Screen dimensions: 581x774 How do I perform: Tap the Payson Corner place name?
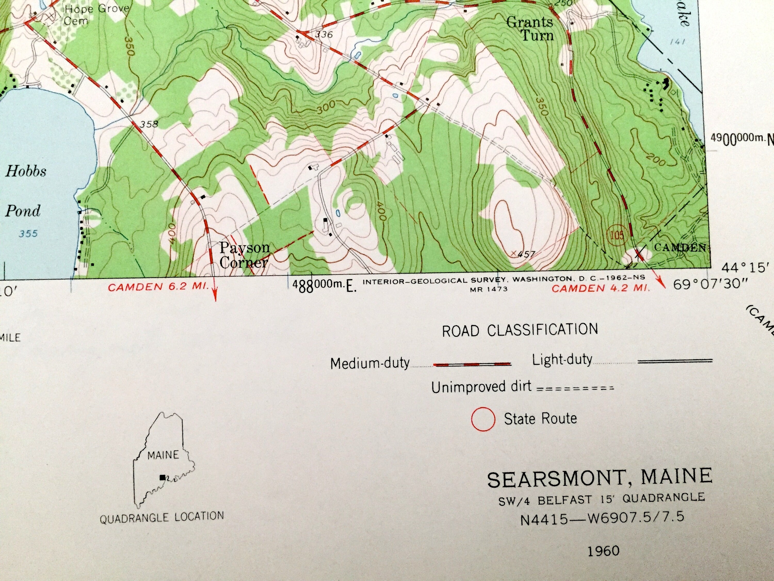tap(244, 255)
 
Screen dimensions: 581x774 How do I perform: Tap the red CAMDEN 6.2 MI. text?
tap(158, 287)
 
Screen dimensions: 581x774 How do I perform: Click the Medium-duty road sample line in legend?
tap(472, 364)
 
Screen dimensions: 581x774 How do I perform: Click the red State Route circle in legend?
tap(483, 419)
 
